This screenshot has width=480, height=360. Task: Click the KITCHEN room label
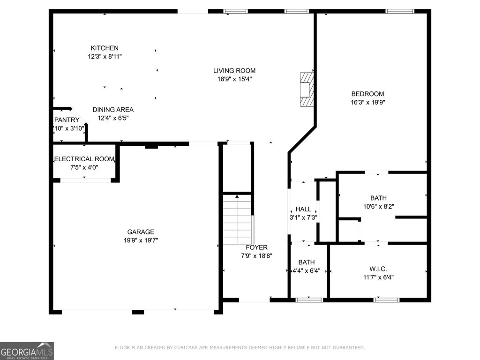[105, 48]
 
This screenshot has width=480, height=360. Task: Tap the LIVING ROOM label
[234, 71]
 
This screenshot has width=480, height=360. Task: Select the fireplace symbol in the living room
[307, 89]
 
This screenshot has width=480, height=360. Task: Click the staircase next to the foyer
[237, 218]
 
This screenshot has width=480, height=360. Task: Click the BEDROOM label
[367, 94]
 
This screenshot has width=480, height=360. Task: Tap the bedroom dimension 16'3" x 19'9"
[367, 102]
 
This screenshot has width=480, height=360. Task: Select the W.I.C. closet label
[378, 269]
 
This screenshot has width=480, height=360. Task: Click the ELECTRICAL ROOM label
[84, 159]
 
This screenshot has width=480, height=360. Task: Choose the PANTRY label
[67, 120]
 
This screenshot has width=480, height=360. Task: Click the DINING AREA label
[113, 110]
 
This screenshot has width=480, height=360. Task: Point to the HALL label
[303, 209]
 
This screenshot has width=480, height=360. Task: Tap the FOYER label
[256, 247]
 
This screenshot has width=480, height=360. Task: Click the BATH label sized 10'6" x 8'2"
[378, 198]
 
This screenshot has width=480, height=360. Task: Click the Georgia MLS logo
[27, 351]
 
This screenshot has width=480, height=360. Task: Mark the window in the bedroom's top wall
[400, 11]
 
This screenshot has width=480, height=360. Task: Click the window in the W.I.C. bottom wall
[386, 300]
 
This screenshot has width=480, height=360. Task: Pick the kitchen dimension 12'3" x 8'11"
[105, 56]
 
